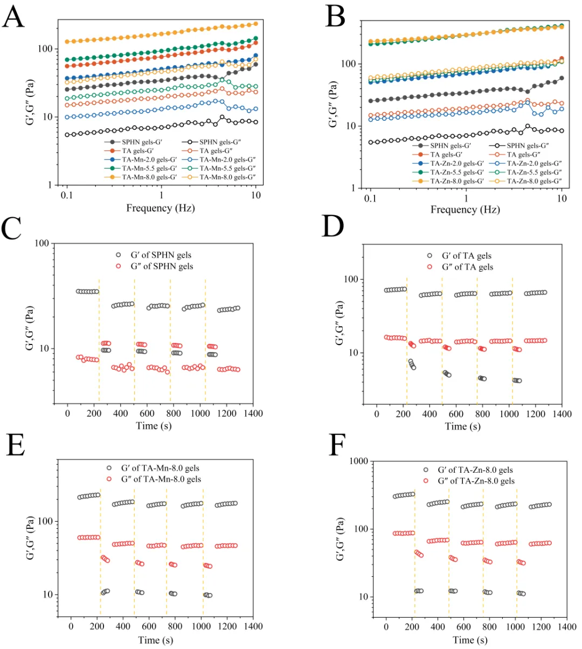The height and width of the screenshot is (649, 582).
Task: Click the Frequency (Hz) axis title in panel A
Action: coord(160,208)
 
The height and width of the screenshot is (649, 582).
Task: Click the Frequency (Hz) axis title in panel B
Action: coord(465,210)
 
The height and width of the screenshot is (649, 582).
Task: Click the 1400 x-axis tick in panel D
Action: coord(562,414)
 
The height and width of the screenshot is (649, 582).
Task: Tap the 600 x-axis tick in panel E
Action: coord(149,626)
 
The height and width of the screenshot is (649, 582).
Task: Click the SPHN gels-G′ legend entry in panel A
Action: coord(142,142)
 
